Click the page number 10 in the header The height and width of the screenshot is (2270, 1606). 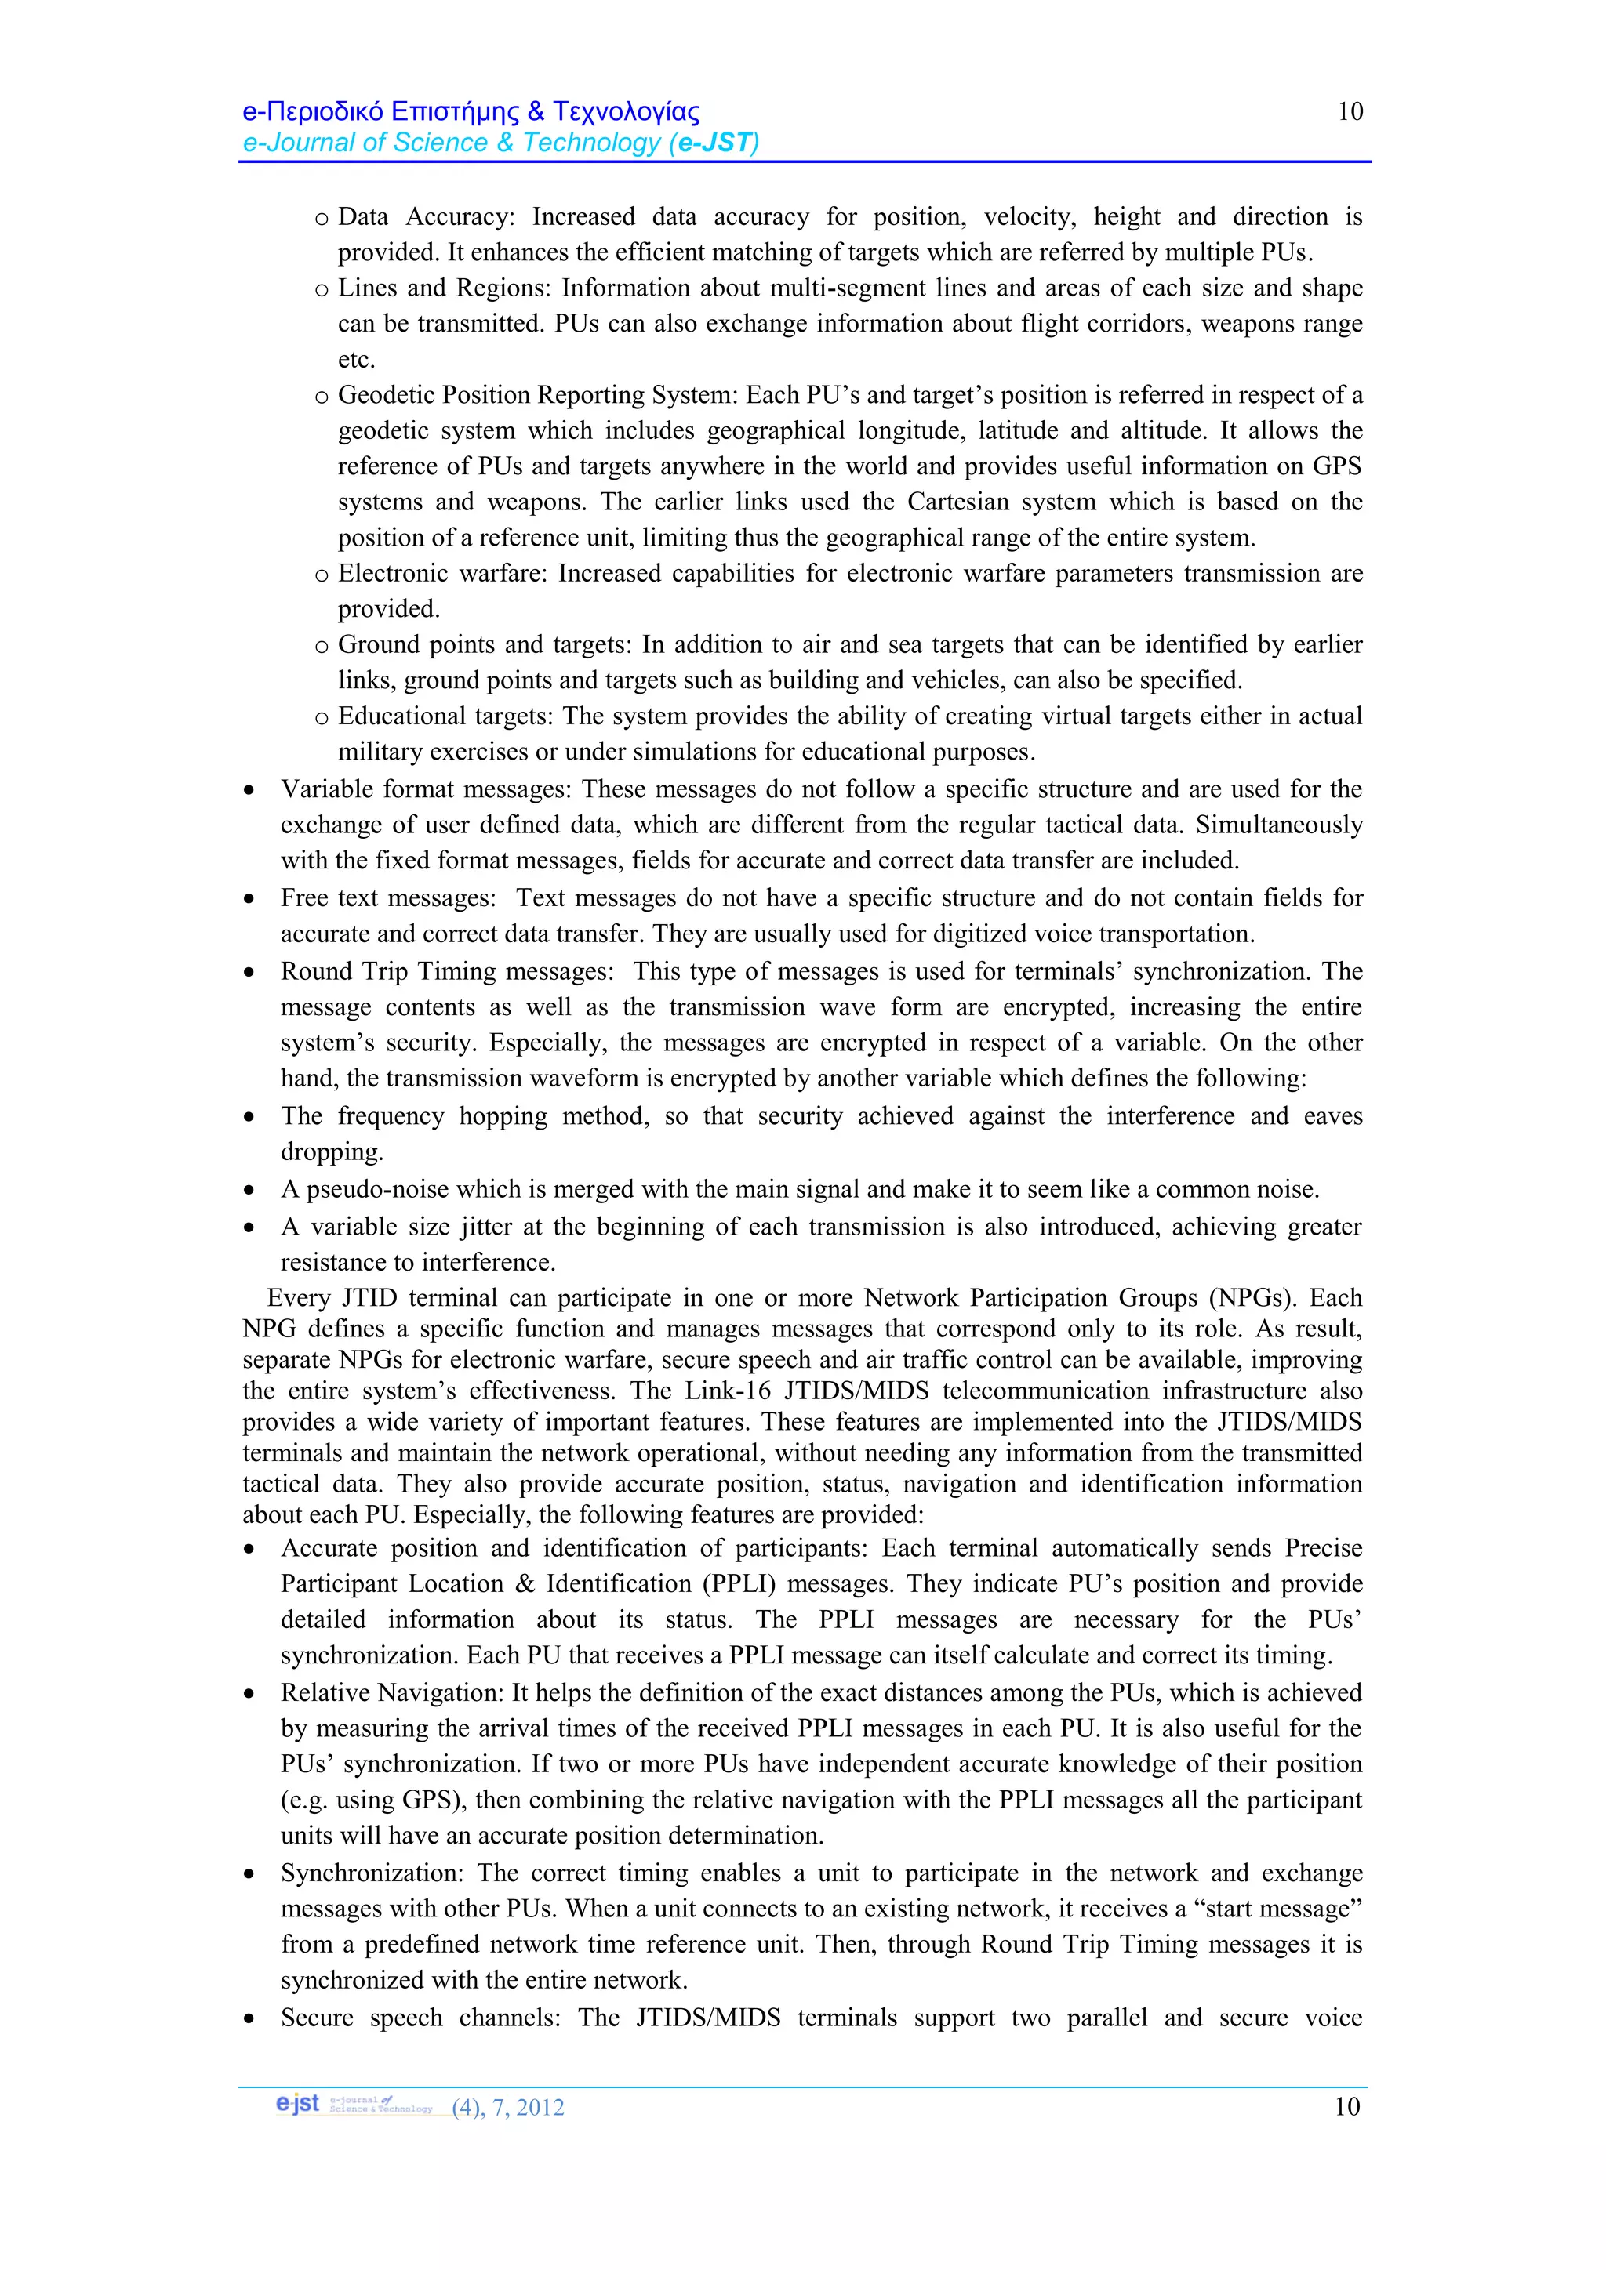[x=1350, y=112]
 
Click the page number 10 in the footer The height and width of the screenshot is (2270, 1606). [x=1347, y=2106]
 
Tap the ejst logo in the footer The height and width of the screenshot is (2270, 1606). [x=299, y=2103]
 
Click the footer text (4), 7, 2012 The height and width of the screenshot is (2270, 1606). [x=507, y=2107]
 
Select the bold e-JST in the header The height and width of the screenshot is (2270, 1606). [x=714, y=143]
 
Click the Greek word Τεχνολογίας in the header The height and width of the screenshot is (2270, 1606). [x=625, y=112]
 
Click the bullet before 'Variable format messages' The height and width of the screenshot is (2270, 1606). [x=249, y=791]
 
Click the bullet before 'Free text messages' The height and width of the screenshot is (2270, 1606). [x=249, y=900]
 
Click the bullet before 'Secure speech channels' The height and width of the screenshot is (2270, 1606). [x=249, y=2019]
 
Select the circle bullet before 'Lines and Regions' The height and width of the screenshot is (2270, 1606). [x=322, y=291]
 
